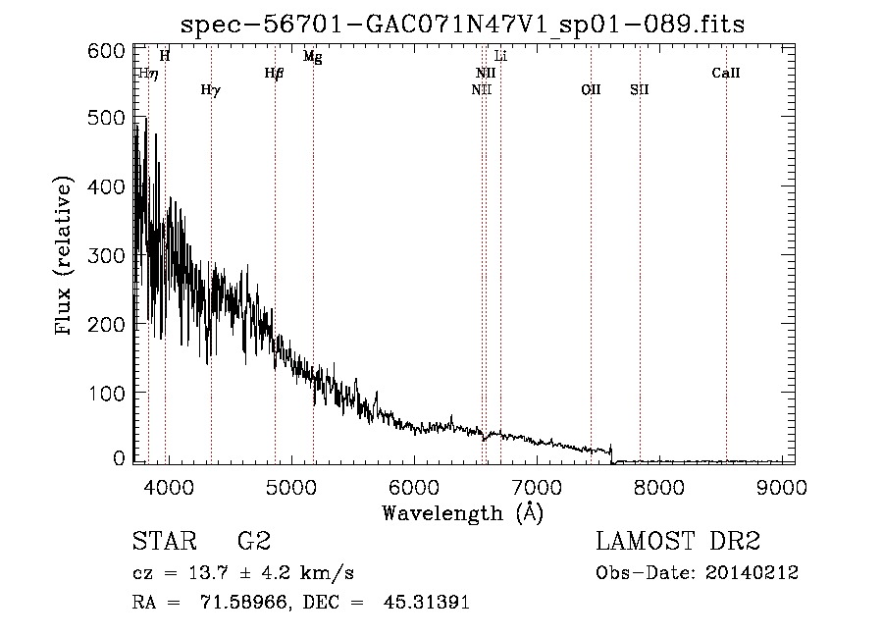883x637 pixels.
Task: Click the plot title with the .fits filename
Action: click(462, 25)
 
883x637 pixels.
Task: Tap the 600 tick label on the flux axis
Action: click(106, 51)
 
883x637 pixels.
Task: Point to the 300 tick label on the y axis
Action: click(106, 256)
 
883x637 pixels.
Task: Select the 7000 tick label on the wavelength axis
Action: click(538, 487)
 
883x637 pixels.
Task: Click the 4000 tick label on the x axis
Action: click(169, 487)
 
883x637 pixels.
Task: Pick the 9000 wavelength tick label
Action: click(782, 487)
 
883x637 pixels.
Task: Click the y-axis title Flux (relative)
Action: click(64, 256)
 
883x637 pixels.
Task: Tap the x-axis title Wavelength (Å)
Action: click(462, 513)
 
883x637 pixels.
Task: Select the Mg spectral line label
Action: click(313, 57)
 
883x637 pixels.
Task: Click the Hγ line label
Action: click(211, 90)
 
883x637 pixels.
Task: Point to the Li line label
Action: click(500, 56)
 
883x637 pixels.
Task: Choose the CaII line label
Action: click(725, 73)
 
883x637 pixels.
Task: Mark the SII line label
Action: click(639, 89)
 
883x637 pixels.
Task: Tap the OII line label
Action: click(591, 89)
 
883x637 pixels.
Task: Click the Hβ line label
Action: click(275, 74)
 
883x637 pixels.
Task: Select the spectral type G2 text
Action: click(254, 541)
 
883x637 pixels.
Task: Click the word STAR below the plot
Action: click(165, 541)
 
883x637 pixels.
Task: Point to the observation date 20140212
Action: click(752, 573)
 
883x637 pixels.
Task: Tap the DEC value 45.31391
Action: click(427, 602)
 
